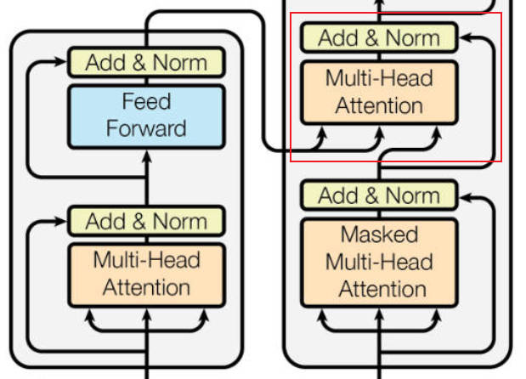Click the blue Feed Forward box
coord(146,116)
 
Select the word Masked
coord(379,234)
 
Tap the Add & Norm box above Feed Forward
coord(146,62)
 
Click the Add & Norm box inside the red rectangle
coord(379,37)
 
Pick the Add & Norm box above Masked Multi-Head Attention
coord(379,195)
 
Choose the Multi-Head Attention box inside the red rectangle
coord(379,93)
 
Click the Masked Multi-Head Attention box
coord(379,263)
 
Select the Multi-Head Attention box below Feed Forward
coord(146,274)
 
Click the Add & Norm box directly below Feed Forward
coord(146,221)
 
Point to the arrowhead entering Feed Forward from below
coord(147,156)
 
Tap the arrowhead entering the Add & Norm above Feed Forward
coord(61,62)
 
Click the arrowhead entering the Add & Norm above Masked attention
coord(466,197)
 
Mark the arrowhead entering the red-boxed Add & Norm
coord(466,38)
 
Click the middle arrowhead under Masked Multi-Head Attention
coord(379,314)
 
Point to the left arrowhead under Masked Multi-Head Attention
coord(322,315)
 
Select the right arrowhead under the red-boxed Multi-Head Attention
coord(437,133)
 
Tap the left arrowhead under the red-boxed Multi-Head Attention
coord(322,133)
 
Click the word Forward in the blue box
coord(146,128)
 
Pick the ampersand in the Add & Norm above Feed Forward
coord(139,62)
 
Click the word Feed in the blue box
coord(146,101)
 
